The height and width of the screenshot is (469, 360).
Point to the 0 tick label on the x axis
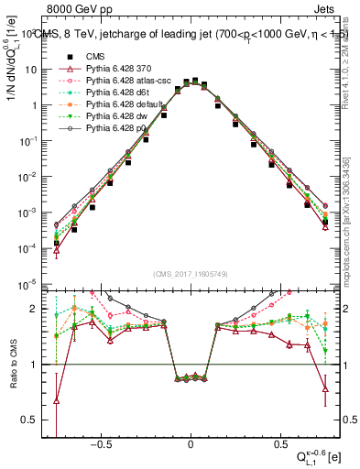click(191, 444)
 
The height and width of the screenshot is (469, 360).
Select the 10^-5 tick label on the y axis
click(28, 283)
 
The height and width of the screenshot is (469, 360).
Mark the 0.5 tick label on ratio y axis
click(29, 420)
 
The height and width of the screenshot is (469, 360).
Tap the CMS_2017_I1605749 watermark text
click(191, 274)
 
